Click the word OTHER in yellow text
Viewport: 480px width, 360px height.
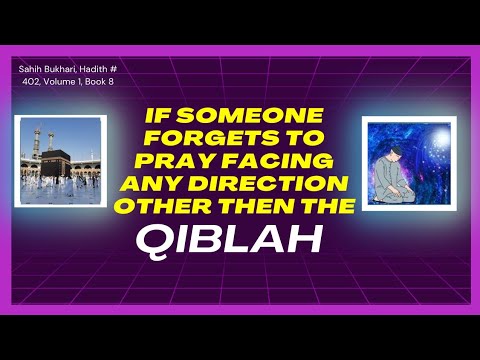pyautogui.click(x=163, y=207)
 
